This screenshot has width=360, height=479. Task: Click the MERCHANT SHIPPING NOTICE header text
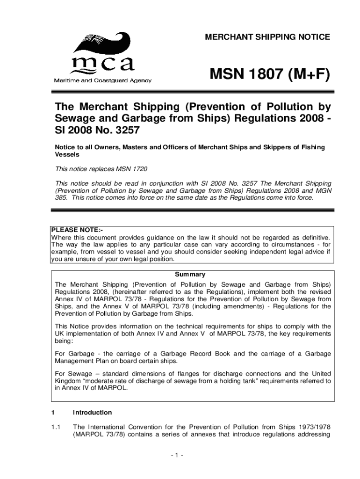click(x=267, y=37)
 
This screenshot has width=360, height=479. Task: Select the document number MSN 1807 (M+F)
click(x=270, y=74)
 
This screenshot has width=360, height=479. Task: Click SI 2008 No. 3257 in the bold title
click(x=97, y=130)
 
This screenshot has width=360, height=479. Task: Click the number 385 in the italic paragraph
click(x=61, y=197)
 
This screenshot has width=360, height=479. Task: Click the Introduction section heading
click(x=92, y=413)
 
